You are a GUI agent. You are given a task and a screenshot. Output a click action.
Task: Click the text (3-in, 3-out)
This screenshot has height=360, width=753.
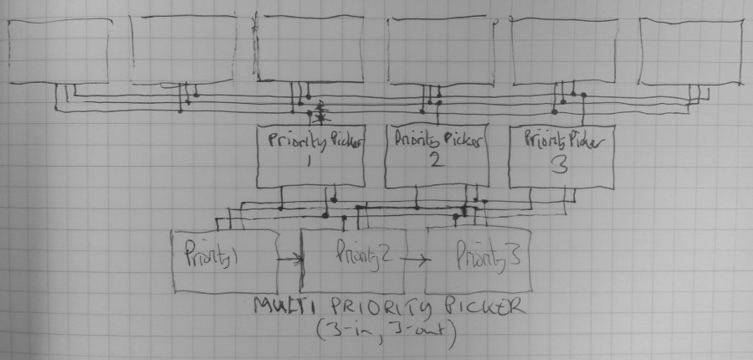click(386, 330)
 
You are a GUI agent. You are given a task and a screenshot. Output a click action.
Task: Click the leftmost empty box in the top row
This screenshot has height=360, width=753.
click(59, 51)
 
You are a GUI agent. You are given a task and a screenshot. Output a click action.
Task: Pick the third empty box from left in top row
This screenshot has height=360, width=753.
click(309, 48)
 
